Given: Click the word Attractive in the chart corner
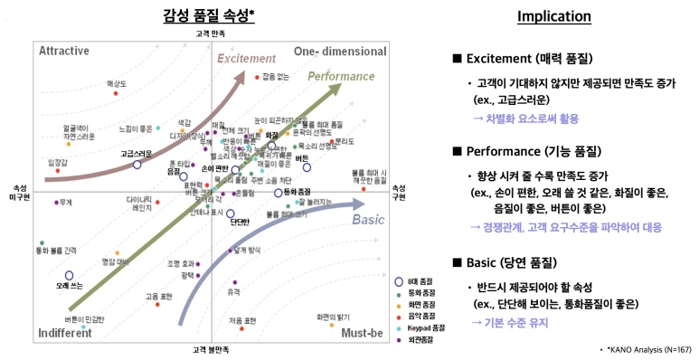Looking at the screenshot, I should click(x=63, y=50).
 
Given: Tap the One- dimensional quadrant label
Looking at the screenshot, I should click(x=339, y=50).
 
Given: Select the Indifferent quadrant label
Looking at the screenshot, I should click(x=65, y=333).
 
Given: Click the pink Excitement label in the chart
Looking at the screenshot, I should click(x=245, y=59).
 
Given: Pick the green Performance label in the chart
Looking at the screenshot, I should click(x=341, y=76).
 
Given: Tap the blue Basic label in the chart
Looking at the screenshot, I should click(x=367, y=220).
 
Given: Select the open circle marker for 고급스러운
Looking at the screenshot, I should click(x=137, y=165).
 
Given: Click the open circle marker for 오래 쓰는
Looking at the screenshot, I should click(x=69, y=275).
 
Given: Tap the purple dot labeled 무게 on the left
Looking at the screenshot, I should click(x=56, y=203).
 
